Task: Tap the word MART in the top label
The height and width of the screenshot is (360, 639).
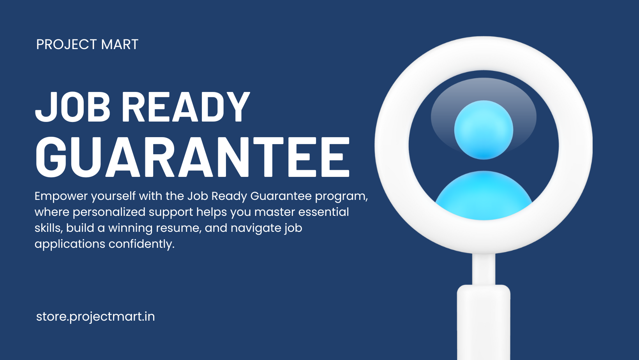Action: [x=120, y=44]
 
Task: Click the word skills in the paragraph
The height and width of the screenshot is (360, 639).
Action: [x=48, y=228]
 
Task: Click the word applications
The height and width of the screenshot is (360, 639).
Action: [x=70, y=244]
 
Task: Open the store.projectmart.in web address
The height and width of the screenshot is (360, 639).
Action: [x=95, y=317]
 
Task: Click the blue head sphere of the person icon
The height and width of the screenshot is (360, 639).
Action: [x=484, y=130]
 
